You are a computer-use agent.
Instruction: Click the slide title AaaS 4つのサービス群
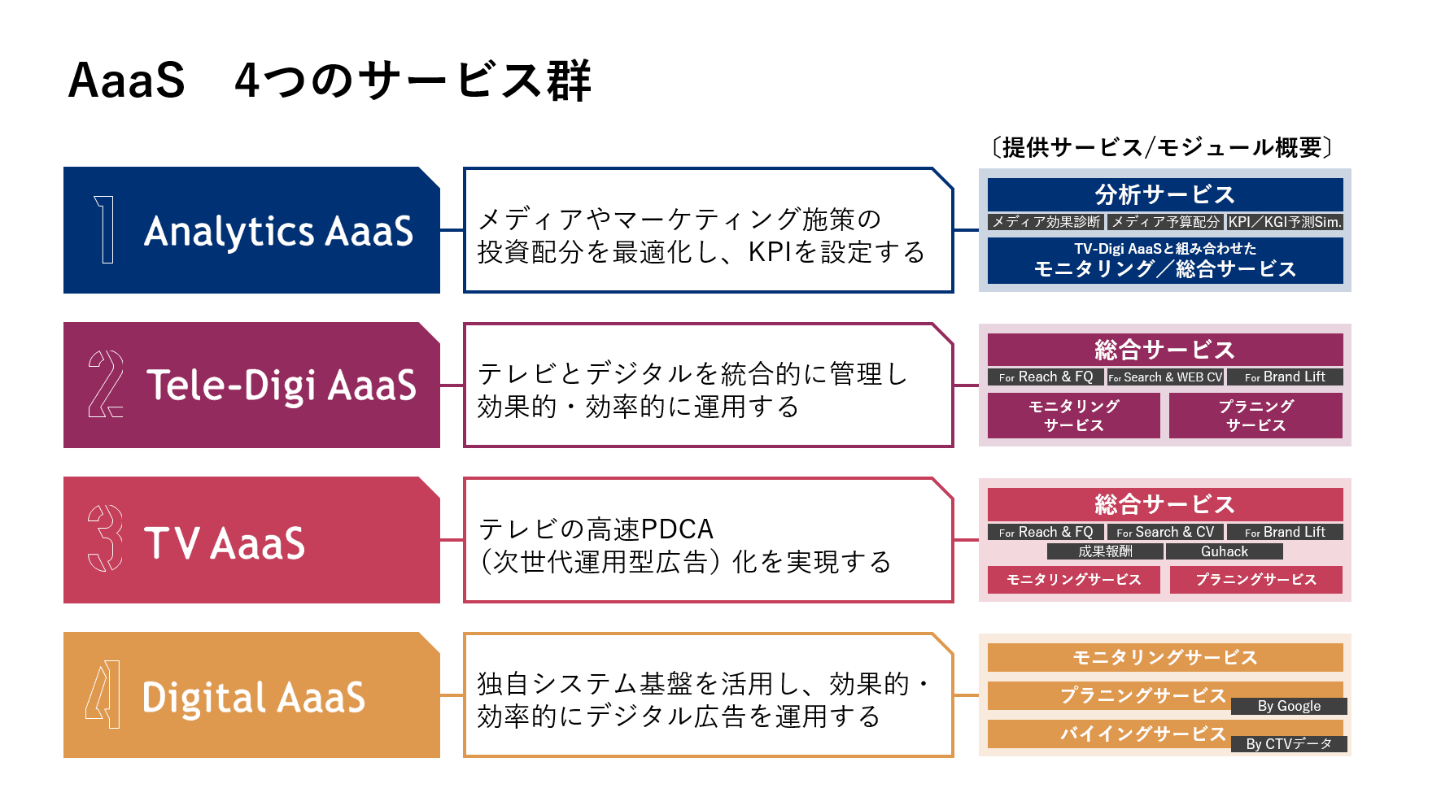tap(330, 81)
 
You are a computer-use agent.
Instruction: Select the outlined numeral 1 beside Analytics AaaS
tap(104, 229)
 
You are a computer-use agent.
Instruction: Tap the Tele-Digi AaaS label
tap(281, 385)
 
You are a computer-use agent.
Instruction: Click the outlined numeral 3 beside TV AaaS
tap(105, 538)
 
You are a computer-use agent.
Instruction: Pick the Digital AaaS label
tap(254, 697)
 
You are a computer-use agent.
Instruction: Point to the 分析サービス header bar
tap(1165, 195)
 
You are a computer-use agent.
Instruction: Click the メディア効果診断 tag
tap(1046, 222)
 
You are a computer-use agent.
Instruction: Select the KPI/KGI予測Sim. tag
tap(1285, 222)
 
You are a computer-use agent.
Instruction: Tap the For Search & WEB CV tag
tap(1165, 377)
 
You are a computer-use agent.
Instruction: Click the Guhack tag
tap(1225, 551)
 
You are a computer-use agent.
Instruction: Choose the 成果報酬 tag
tap(1105, 551)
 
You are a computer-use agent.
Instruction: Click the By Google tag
tap(1289, 706)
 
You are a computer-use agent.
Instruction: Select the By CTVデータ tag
tap(1289, 744)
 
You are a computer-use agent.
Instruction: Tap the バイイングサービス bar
tap(1142, 734)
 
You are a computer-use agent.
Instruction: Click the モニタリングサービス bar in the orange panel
tap(1165, 657)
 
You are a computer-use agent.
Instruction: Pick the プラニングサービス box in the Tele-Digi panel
tap(1255, 416)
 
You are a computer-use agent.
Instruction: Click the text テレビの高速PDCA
tap(596, 529)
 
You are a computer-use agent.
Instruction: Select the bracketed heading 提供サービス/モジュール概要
tap(1162, 147)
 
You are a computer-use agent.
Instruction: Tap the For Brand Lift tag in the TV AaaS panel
tap(1285, 532)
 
